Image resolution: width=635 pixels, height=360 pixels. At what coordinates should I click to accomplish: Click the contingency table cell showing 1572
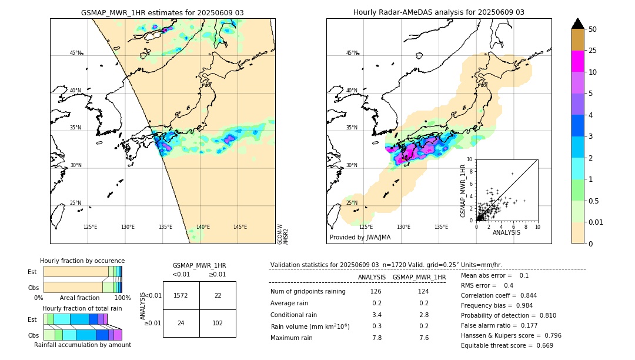point(181,295)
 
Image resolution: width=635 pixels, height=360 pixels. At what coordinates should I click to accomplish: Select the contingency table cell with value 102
point(218,323)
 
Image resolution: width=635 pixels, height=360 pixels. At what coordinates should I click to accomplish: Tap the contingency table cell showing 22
point(218,295)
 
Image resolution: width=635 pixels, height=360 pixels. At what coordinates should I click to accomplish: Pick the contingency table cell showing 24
point(181,323)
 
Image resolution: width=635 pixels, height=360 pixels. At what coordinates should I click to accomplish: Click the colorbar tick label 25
point(593,51)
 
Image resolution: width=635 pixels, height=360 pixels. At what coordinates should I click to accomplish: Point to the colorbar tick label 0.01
point(596,222)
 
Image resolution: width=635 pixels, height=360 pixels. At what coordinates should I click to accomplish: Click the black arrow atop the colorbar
point(577,24)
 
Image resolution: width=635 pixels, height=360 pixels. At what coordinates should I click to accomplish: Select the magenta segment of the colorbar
point(577,61)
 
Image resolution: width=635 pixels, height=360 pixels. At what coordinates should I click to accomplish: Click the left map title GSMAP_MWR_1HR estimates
point(162,12)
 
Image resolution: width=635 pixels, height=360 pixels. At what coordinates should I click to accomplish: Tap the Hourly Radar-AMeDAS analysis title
point(439,12)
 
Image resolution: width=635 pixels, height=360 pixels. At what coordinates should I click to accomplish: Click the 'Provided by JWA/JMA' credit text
point(360,237)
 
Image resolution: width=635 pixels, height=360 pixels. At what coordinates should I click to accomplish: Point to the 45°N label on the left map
point(75,53)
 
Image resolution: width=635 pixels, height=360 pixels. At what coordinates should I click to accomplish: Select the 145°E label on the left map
point(240,227)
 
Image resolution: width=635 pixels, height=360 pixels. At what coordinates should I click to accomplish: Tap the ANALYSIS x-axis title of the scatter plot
point(506,232)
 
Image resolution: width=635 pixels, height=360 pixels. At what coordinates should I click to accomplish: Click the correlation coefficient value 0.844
point(524,295)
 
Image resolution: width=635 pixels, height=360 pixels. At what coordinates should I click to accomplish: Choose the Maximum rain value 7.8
point(376,338)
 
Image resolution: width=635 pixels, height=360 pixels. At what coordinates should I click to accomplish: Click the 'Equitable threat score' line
point(507,345)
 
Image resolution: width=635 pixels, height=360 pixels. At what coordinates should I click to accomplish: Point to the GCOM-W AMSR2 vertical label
point(283,234)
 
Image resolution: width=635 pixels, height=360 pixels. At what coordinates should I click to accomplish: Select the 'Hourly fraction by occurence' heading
point(82,261)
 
